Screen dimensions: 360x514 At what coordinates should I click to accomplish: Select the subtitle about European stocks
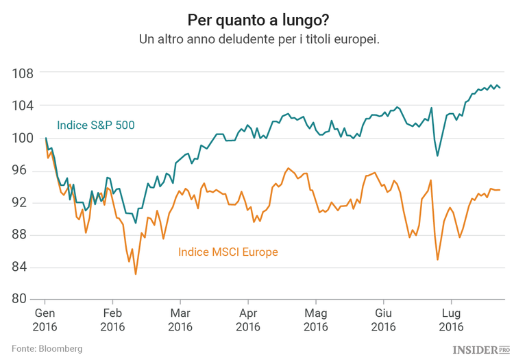click(x=259, y=39)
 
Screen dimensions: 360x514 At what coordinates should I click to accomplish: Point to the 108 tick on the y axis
click(x=24, y=73)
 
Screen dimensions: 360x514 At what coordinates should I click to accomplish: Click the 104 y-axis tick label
click(x=24, y=105)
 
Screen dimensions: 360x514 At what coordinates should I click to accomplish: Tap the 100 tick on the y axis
click(x=24, y=138)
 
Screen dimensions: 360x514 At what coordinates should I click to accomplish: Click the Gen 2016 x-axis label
click(x=45, y=320)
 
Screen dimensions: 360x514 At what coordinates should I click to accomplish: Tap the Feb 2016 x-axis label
click(x=112, y=320)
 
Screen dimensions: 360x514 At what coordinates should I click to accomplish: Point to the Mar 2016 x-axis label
click(x=180, y=320)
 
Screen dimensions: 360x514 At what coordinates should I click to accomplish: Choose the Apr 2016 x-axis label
click(x=247, y=320)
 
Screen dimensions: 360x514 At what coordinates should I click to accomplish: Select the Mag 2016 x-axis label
click(x=315, y=320)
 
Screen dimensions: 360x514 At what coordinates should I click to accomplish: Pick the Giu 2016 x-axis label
click(x=382, y=320)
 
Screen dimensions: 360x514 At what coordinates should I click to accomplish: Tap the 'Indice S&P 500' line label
click(x=95, y=125)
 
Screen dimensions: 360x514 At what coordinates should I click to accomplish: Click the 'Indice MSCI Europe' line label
click(x=228, y=252)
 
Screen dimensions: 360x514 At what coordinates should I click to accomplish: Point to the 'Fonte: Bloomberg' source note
click(x=47, y=348)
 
